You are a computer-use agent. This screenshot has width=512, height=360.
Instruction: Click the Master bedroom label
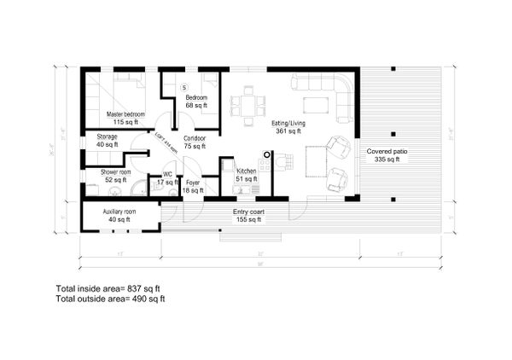coord(125,114)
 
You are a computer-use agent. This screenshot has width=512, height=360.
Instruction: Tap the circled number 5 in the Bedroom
coord(183,87)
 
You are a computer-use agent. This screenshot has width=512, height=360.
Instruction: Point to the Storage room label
coord(107,136)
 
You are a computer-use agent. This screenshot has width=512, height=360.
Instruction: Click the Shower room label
coord(114,171)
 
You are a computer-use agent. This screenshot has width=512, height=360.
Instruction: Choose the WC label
coord(167,175)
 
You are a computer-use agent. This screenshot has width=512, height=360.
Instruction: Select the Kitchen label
coord(246,171)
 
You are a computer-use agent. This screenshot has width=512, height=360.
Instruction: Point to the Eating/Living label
coord(288,125)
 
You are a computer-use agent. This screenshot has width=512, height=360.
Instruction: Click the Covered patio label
coord(383,152)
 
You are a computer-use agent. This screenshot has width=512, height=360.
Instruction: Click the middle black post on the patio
coord(392,134)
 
